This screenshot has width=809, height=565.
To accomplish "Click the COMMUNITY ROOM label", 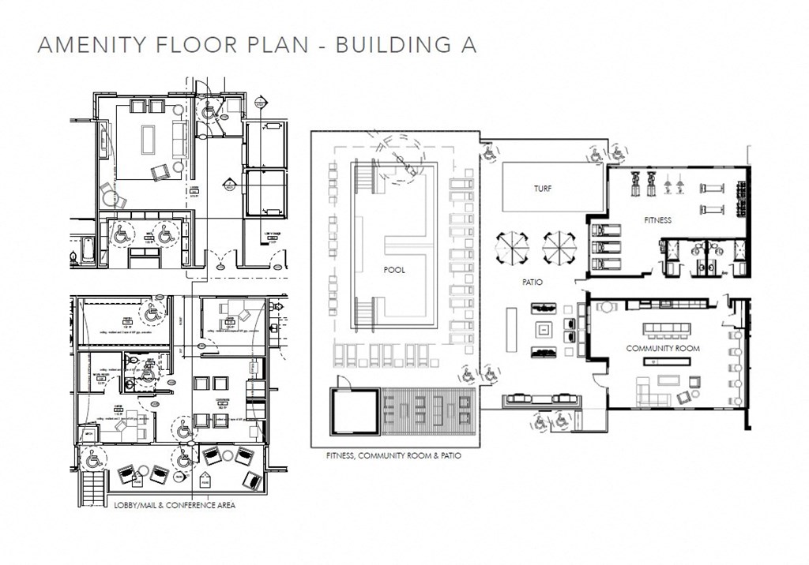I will pos(663,347).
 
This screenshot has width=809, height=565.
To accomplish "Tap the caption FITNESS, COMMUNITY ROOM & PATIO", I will pos(393,456).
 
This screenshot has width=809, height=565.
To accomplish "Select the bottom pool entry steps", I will pos(364,313).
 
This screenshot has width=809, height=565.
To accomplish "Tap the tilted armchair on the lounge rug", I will pos(161,171).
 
